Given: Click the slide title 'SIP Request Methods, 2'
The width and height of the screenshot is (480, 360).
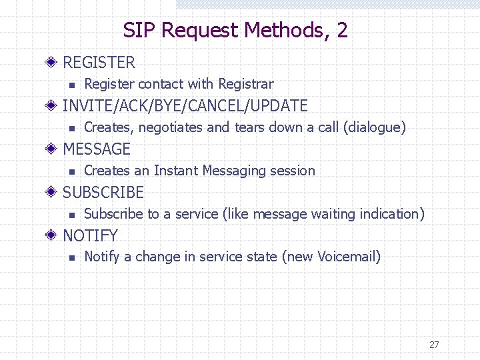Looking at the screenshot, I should coord(235,30).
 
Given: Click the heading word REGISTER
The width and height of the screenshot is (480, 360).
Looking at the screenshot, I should coord(99,63).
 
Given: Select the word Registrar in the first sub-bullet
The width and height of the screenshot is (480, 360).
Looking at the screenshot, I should coord(246,84).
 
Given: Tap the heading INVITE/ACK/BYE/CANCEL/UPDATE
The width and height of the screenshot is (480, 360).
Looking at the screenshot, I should coord(185,106).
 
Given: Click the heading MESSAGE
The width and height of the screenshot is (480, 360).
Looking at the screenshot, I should coord(96,149).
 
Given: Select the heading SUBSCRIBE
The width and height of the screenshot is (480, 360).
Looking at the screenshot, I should coord(103,193).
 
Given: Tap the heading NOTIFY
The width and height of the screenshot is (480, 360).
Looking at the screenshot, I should coord(90,236).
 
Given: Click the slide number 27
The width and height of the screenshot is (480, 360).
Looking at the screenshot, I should coord(434,345).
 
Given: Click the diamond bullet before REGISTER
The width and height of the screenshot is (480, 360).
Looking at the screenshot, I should coord(54,63).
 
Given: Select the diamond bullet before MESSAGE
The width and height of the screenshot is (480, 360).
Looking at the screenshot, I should coord(54,149).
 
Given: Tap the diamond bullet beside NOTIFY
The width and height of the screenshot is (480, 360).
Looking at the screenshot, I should coord(54,236).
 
